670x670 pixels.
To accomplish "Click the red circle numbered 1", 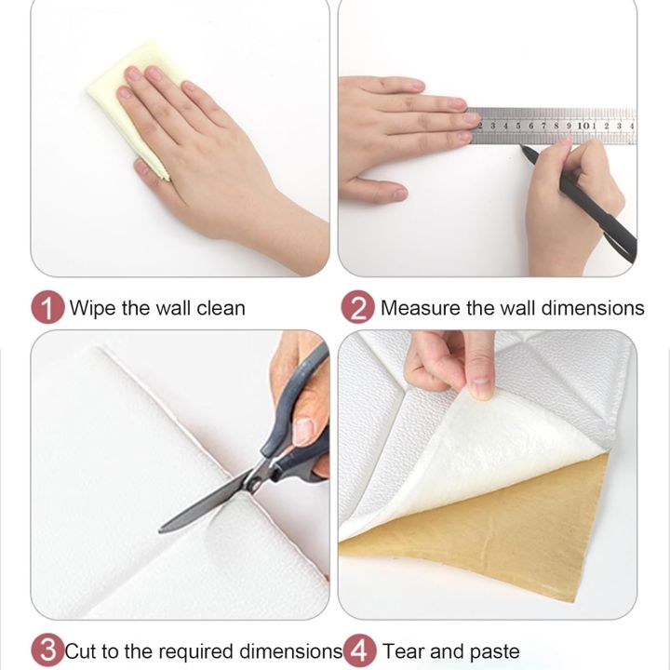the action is pos(47,307).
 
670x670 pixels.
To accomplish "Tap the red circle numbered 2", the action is pos(358,307).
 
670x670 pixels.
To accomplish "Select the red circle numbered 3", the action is pos(47,650).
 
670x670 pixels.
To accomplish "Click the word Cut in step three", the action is pos(82,651).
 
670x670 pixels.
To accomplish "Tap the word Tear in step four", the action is pos(403,651).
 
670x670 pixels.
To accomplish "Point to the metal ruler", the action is pos(555,126).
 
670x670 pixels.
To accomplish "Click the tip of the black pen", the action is pos(521,146).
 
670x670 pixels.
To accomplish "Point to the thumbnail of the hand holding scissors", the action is pos(304,431).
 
